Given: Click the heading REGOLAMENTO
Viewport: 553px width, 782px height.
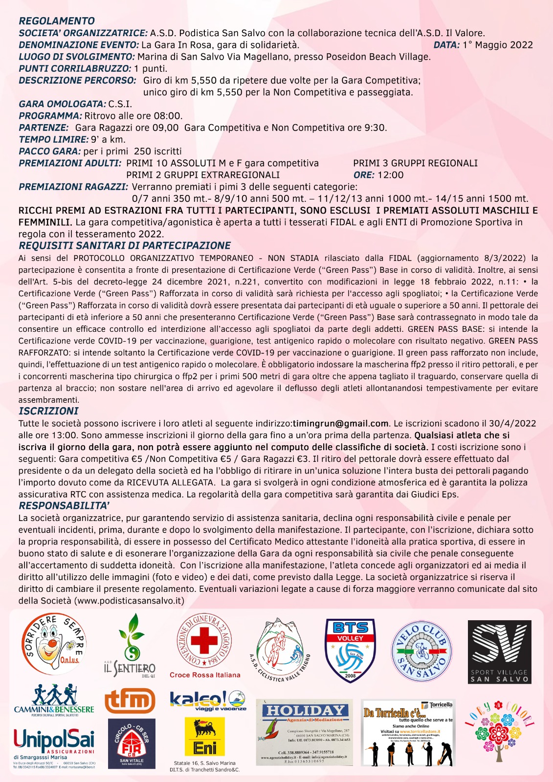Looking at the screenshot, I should click(x=57, y=21).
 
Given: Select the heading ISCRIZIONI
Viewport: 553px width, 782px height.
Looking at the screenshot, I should click(x=48, y=411).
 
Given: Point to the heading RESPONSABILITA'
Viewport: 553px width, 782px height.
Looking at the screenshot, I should click(x=64, y=506).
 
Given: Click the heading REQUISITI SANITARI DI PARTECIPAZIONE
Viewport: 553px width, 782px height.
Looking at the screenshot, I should click(x=125, y=246).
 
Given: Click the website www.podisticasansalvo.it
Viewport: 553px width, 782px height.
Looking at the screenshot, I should click(x=129, y=601).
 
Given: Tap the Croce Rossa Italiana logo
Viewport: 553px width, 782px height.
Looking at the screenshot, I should click(x=204, y=645).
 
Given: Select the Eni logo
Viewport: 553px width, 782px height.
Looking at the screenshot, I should click(x=205, y=737).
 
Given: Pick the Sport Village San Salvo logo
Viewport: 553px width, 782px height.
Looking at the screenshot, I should click(x=499, y=652).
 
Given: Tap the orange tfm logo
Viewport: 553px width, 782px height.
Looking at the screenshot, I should click(x=130, y=700).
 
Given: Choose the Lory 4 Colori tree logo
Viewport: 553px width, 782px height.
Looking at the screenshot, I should click(x=499, y=731).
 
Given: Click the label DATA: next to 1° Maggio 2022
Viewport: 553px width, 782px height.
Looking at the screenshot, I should click(x=446, y=45).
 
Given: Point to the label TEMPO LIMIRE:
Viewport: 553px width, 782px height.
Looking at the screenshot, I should click(x=54, y=140).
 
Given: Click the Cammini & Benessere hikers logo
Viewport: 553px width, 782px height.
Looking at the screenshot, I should click(x=54, y=700).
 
